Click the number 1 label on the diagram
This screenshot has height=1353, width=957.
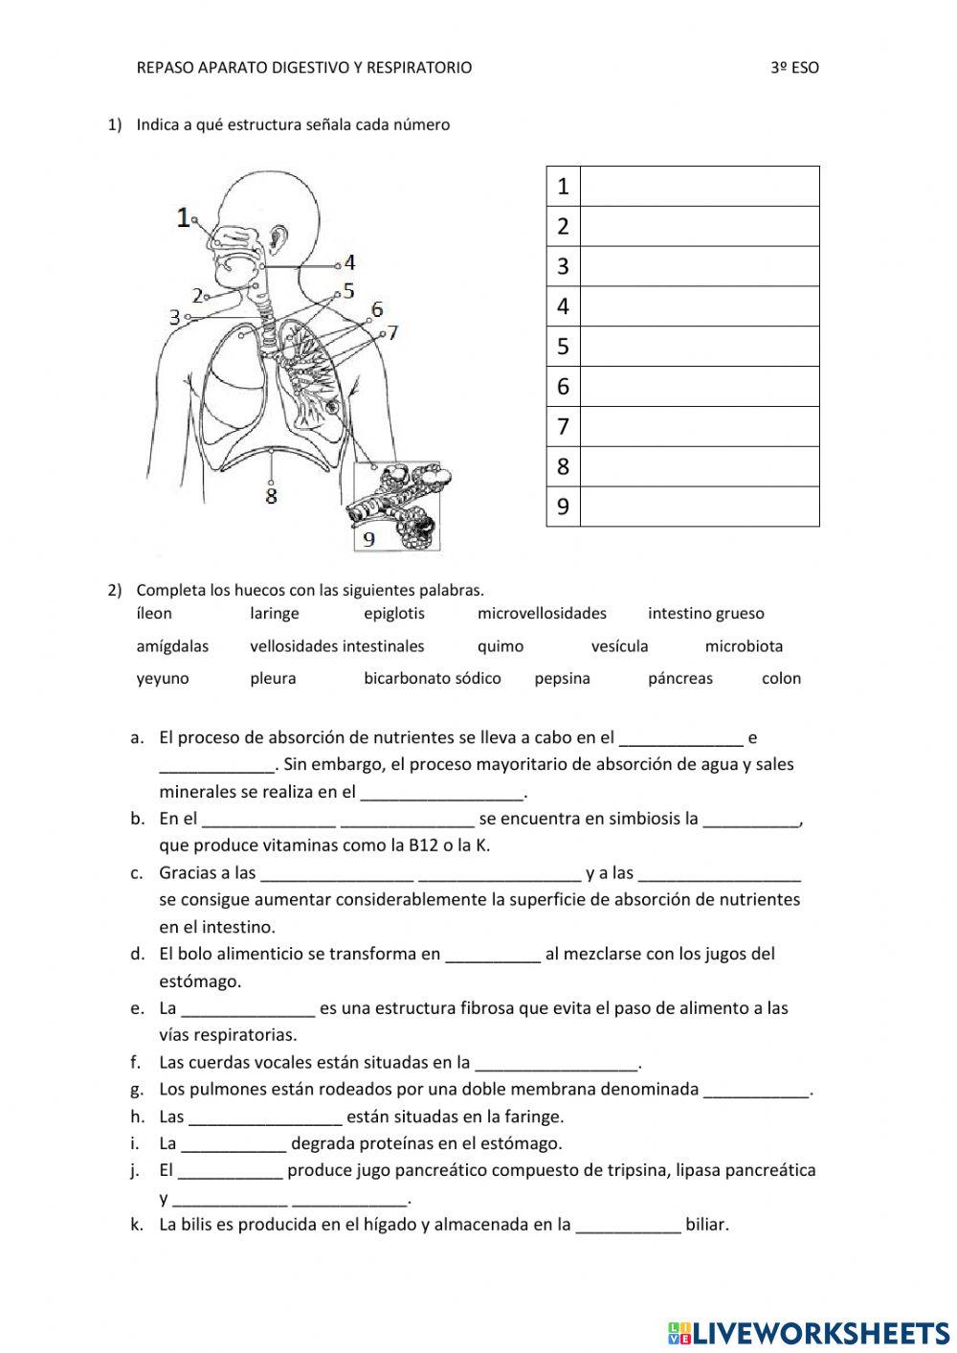(x=184, y=217)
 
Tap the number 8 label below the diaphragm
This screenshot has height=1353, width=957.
(x=272, y=495)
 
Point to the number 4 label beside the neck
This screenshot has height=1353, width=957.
(x=350, y=261)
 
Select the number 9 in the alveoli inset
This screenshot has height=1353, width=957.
(x=368, y=539)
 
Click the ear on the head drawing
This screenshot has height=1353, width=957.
(x=278, y=236)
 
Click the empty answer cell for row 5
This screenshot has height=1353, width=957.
(x=700, y=347)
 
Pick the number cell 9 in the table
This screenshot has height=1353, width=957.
(x=563, y=507)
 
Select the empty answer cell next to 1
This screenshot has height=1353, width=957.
(x=700, y=186)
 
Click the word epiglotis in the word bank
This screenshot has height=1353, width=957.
(x=393, y=614)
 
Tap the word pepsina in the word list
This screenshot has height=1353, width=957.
(x=562, y=679)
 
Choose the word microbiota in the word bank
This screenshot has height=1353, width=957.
(x=744, y=646)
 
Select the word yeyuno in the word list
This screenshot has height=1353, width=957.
(x=163, y=679)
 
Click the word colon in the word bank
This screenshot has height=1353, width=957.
(x=781, y=679)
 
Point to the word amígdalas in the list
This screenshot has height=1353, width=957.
(x=172, y=646)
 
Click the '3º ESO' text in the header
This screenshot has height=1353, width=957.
(x=794, y=68)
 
